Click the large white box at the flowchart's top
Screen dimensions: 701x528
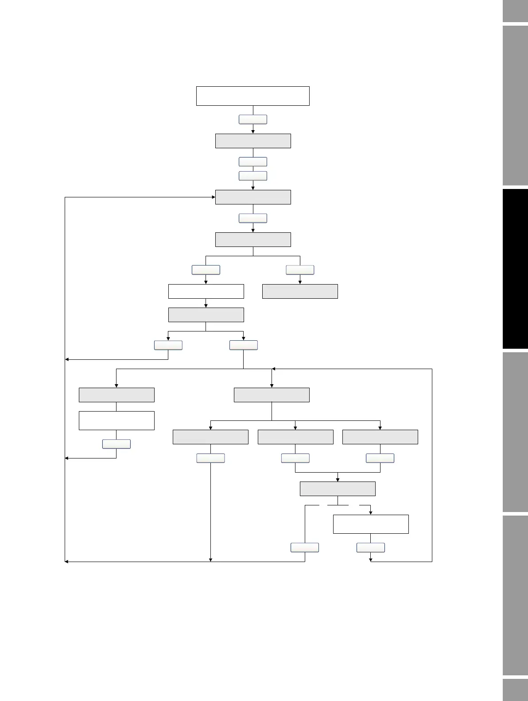(252, 96)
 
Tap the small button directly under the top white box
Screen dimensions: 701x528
(253, 119)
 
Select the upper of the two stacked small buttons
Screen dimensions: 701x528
(253, 162)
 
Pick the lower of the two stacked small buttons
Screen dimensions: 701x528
(253, 176)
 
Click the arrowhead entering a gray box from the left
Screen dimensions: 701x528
(213, 197)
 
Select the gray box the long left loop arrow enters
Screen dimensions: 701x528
(253, 197)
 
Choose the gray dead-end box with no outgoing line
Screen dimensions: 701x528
(300, 291)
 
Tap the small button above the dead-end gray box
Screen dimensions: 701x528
(300, 270)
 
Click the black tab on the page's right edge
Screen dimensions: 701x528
(515, 269)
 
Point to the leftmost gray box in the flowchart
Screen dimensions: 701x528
(116, 395)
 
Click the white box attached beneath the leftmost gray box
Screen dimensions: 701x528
(116, 420)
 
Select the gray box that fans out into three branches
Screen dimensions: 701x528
(272, 395)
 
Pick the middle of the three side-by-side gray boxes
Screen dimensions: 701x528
(295, 437)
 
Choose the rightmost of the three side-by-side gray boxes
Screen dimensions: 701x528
(380, 437)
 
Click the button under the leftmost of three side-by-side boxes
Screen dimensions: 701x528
(210, 458)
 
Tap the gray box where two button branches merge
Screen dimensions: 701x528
(338, 489)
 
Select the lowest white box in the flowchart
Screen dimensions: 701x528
(371, 524)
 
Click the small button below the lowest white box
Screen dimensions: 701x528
(371, 547)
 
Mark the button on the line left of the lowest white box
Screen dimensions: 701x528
(305, 547)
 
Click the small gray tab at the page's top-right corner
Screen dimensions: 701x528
(515, 11)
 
